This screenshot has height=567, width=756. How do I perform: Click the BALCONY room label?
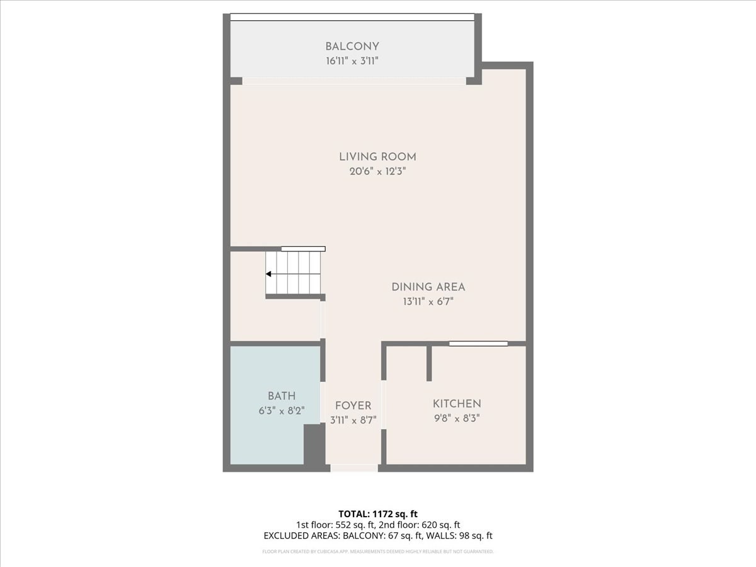point(352,47)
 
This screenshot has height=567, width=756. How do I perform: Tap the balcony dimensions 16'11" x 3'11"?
point(352,61)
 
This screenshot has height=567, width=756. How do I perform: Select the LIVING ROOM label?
point(377,157)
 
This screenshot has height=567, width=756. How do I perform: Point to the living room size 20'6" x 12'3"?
point(377,171)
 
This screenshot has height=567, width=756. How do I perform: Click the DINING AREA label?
point(428,287)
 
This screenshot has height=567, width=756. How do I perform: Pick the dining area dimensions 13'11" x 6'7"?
point(428,301)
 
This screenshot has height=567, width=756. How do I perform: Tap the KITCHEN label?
point(457,404)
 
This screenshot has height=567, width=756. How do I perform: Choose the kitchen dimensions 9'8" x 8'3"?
point(457,418)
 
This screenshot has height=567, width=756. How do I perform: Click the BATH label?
point(282,396)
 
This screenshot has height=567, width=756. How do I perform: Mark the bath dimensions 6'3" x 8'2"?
point(282,411)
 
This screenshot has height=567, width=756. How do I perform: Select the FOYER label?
point(353,406)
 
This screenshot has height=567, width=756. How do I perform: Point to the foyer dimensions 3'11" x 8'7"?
point(353,420)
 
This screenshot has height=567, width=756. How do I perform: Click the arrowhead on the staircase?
point(269,274)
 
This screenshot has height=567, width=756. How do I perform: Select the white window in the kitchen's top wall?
point(478,343)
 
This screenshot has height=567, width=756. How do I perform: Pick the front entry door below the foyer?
point(354,467)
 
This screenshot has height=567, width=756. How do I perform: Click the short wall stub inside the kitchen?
point(429,363)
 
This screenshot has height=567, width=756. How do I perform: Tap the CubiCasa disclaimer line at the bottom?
point(377,551)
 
